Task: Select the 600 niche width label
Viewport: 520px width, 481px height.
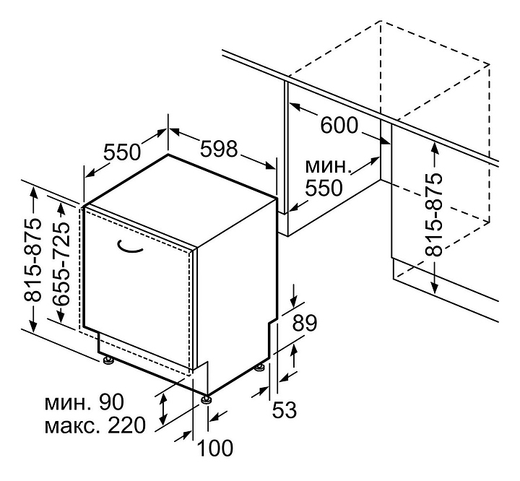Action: [x=339, y=126]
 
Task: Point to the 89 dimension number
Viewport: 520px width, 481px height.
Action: [x=304, y=322]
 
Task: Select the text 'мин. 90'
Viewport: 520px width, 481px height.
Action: [x=84, y=402]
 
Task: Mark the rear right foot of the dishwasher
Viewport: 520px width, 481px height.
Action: [x=259, y=370]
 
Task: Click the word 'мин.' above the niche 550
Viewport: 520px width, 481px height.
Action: [x=328, y=165]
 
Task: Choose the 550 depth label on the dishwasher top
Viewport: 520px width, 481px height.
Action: [x=121, y=152]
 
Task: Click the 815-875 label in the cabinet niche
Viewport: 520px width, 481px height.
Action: [x=433, y=214]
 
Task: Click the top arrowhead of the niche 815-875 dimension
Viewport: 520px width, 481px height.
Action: [x=435, y=144]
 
